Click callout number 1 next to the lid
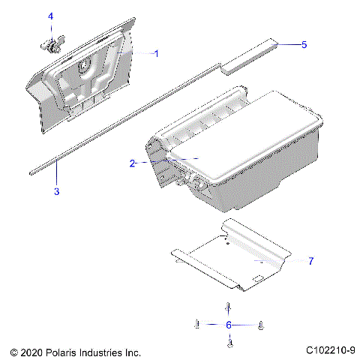[156, 53]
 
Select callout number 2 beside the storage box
[133, 163]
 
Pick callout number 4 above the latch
[51, 16]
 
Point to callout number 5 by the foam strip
[304, 45]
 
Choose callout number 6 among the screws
[228, 325]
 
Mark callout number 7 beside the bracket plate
[310, 261]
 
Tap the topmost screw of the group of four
[229, 307]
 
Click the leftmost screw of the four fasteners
[196, 325]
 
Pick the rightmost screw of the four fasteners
[260, 325]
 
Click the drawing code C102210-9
[330, 350]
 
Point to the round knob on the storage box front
[199, 182]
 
